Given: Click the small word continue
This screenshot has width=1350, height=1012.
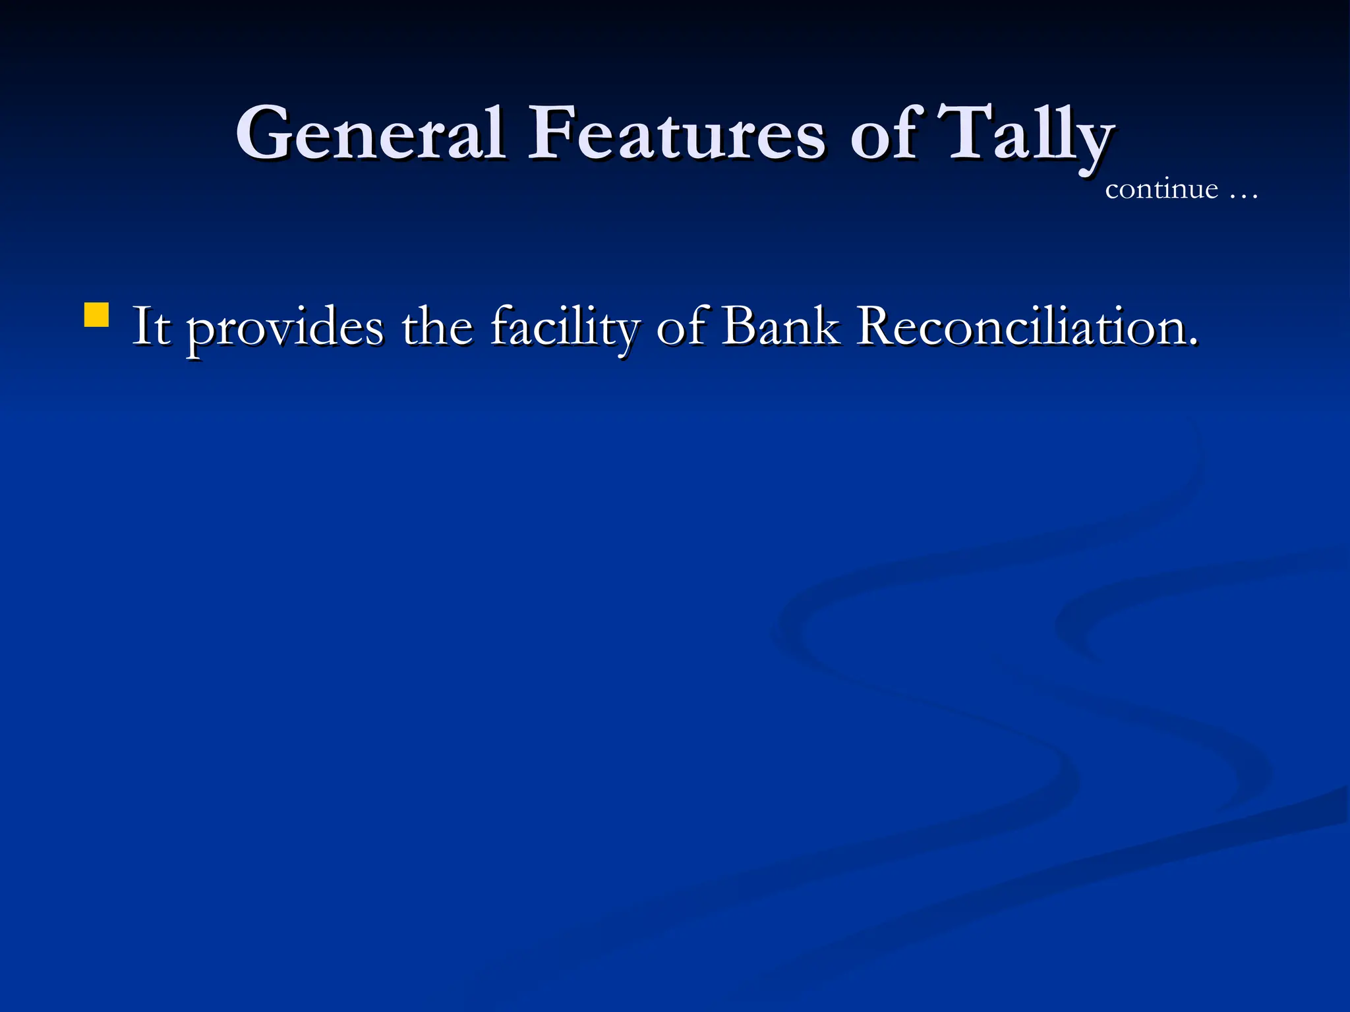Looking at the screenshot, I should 1161,190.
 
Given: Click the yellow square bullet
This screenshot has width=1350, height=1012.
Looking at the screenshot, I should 96,315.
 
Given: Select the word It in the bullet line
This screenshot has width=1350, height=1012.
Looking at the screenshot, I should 151,326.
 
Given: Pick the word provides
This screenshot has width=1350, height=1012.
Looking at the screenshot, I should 284,328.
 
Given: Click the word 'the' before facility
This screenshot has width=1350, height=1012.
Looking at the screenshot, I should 437,326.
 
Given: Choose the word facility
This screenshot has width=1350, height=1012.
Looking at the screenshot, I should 564,328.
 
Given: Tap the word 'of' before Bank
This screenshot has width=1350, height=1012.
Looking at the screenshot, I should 679,326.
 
